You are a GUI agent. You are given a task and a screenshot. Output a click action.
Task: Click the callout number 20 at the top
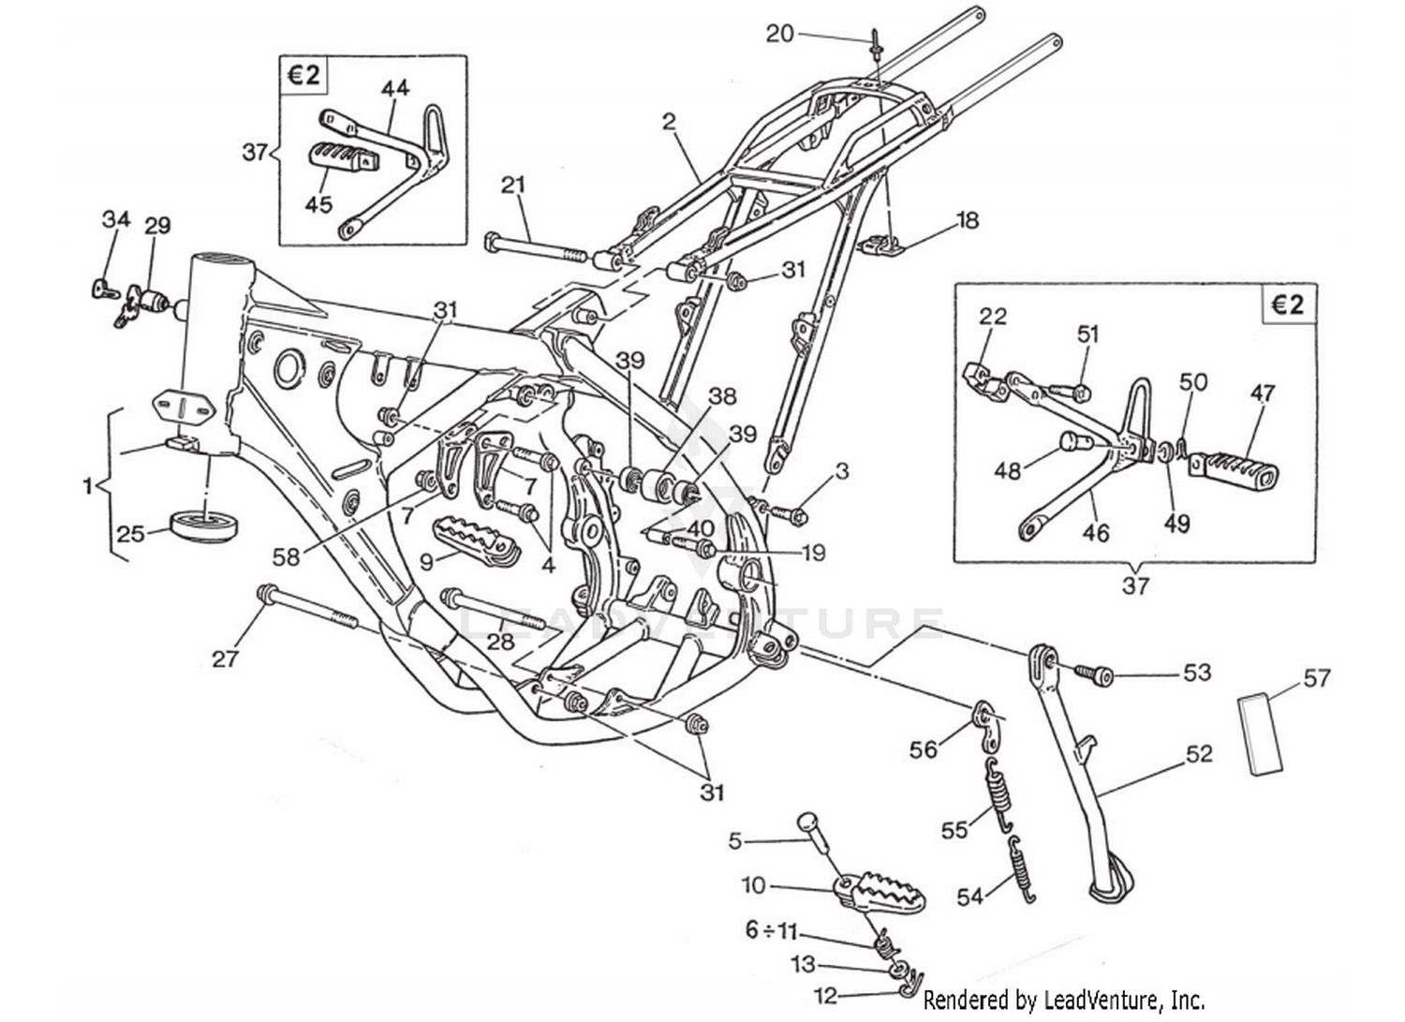point(779,35)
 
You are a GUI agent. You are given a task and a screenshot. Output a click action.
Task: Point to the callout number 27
point(225,659)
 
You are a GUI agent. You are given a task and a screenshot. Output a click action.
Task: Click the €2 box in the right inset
point(1288,305)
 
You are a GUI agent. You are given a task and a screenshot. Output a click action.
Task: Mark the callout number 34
point(116,220)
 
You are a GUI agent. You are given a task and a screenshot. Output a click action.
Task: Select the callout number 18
point(967,220)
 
